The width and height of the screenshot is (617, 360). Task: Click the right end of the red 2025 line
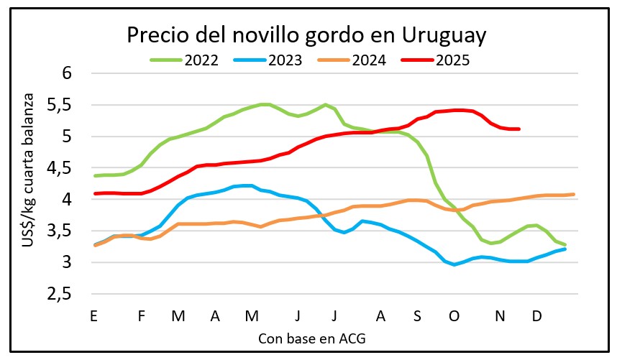[x=518, y=129]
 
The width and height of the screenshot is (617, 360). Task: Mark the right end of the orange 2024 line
[x=572, y=194]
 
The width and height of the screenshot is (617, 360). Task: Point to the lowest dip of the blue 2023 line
[x=454, y=264]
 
